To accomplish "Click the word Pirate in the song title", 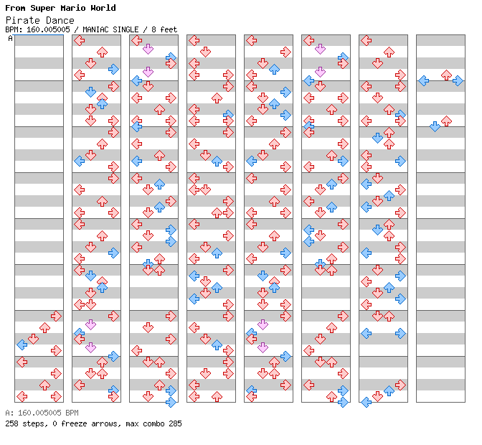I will coord(20,20).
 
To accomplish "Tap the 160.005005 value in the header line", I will coord(49,29).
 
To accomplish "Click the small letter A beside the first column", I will coord(10,38).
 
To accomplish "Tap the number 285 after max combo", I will coord(174,423).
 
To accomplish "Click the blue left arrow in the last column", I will coord(423,80).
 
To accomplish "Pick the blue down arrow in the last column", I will coord(435,126).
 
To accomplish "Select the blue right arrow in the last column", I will coord(458,80).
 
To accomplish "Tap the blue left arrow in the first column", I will coord(22,345).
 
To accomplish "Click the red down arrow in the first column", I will coord(33,339).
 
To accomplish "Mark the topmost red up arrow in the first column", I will coord(44,327).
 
